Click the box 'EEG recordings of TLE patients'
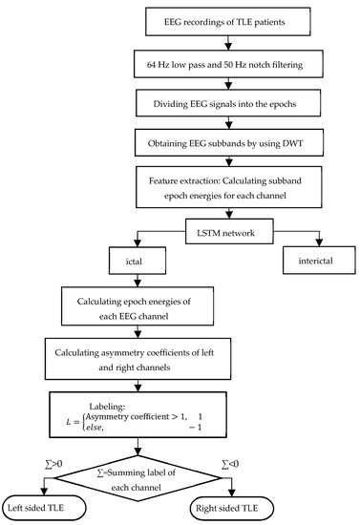click(x=227, y=22)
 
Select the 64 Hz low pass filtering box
click(x=228, y=64)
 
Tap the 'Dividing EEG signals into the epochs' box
click(x=228, y=103)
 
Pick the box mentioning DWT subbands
click(x=229, y=143)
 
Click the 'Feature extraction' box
click(x=229, y=187)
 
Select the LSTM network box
click(x=229, y=231)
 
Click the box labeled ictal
click(x=138, y=261)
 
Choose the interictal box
click(x=319, y=261)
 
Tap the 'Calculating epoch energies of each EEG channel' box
click(x=138, y=306)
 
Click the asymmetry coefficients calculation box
click(x=138, y=359)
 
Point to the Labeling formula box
click(x=138, y=415)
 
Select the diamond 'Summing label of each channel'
click(x=138, y=478)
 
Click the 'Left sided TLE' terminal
click(x=44, y=508)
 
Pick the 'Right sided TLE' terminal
click(x=232, y=508)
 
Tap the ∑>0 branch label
click(x=53, y=464)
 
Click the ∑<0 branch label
click(x=230, y=464)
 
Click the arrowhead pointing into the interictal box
click(x=319, y=243)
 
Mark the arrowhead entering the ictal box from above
click(x=138, y=243)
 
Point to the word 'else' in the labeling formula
click(x=95, y=428)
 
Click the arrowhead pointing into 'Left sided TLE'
click(x=44, y=493)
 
